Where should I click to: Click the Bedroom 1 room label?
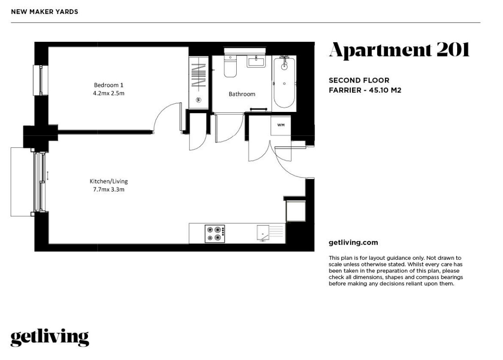pyautogui.click(x=108, y=85)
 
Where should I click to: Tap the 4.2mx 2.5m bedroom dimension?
pyautogui.click(x=108, y=93)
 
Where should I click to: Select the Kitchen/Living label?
pyautogui.click(x=109, y=182)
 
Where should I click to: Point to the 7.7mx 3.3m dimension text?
pyautogui.click(x=109, y=190)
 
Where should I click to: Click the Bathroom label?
pyautogui.click(x=242, y=94)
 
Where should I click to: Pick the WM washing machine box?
pyautogui.click(x=281, y=124)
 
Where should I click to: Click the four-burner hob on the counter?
pyautogui.click(x=215, y=233)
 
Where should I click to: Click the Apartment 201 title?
pyautogui.click(x=399, y=50)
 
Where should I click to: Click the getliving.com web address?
pyautogui.click(x=353, y=243)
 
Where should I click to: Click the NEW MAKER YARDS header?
pyautogui.click(x=44, y=12)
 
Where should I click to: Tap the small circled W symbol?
pyautogui.click(x=199, y=99)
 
